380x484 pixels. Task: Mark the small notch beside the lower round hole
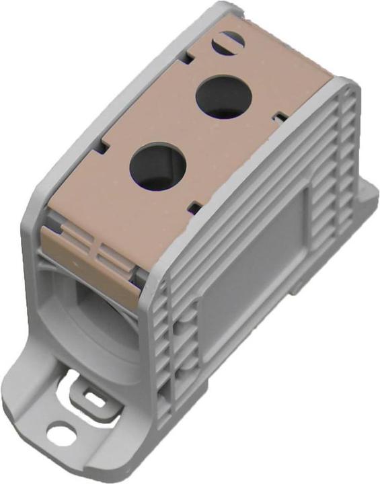tap(194, 204)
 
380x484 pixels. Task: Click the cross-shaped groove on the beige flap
tap(94, 251)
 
